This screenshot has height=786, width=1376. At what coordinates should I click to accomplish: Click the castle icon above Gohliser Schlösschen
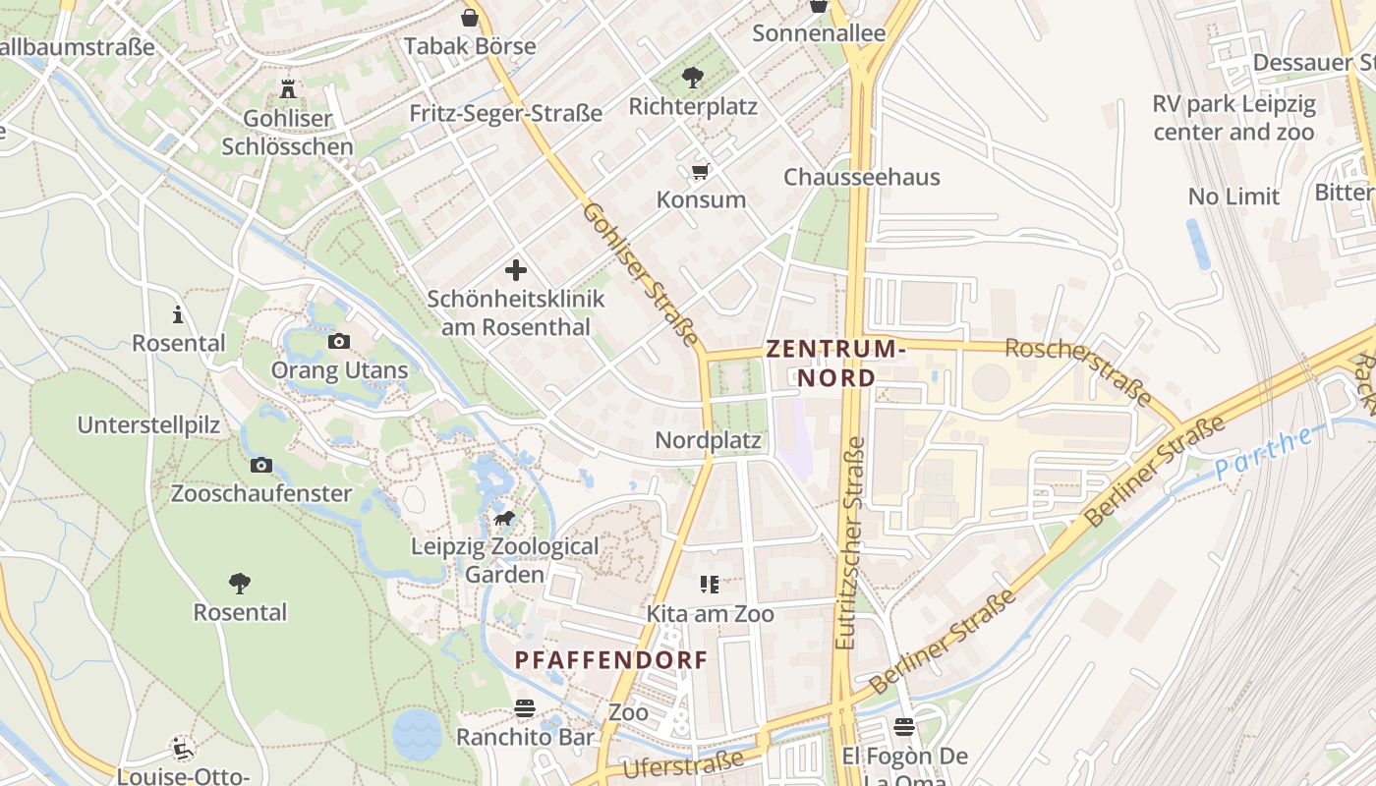pos(287,88)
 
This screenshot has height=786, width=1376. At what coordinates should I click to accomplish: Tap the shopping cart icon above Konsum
pos(700,172)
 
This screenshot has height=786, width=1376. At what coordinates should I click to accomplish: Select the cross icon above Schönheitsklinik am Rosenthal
pos(516,270)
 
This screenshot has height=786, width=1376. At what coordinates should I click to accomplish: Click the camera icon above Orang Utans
pos(338,341)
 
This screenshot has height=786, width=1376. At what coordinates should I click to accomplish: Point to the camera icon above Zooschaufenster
pos(260,465)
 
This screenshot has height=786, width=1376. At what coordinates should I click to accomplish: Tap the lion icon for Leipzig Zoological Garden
pos(504,518)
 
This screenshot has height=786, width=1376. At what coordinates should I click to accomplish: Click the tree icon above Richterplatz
pos(693,78)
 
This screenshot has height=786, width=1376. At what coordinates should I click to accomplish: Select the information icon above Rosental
pos(178,314)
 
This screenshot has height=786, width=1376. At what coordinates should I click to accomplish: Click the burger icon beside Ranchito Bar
pos(525,708)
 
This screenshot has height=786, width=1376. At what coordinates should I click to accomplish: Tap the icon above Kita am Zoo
pos(710,585)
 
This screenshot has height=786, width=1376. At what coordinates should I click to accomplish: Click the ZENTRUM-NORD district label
pos(833,363)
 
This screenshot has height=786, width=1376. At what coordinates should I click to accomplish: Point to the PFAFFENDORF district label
pos(611,660)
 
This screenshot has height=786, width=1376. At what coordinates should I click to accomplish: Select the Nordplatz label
pos(708,440)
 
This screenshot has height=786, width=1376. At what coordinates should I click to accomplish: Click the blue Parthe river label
pos(1264,453)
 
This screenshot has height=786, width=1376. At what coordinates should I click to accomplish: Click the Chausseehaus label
pos(861,177)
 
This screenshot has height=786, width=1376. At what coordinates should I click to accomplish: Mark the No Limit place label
pos(1233,196)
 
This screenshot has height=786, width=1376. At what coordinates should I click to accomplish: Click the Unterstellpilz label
pos(148,425)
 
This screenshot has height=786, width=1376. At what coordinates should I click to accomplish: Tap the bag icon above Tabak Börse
pos(470,17)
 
